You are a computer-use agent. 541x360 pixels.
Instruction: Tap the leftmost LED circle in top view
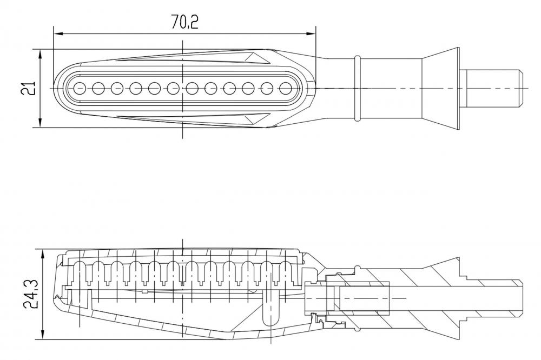80,88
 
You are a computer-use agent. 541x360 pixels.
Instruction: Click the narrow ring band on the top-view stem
356,88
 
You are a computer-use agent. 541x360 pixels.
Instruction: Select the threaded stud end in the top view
492,88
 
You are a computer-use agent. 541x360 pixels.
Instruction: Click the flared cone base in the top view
441,88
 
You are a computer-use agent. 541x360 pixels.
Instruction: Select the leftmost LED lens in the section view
80,270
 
